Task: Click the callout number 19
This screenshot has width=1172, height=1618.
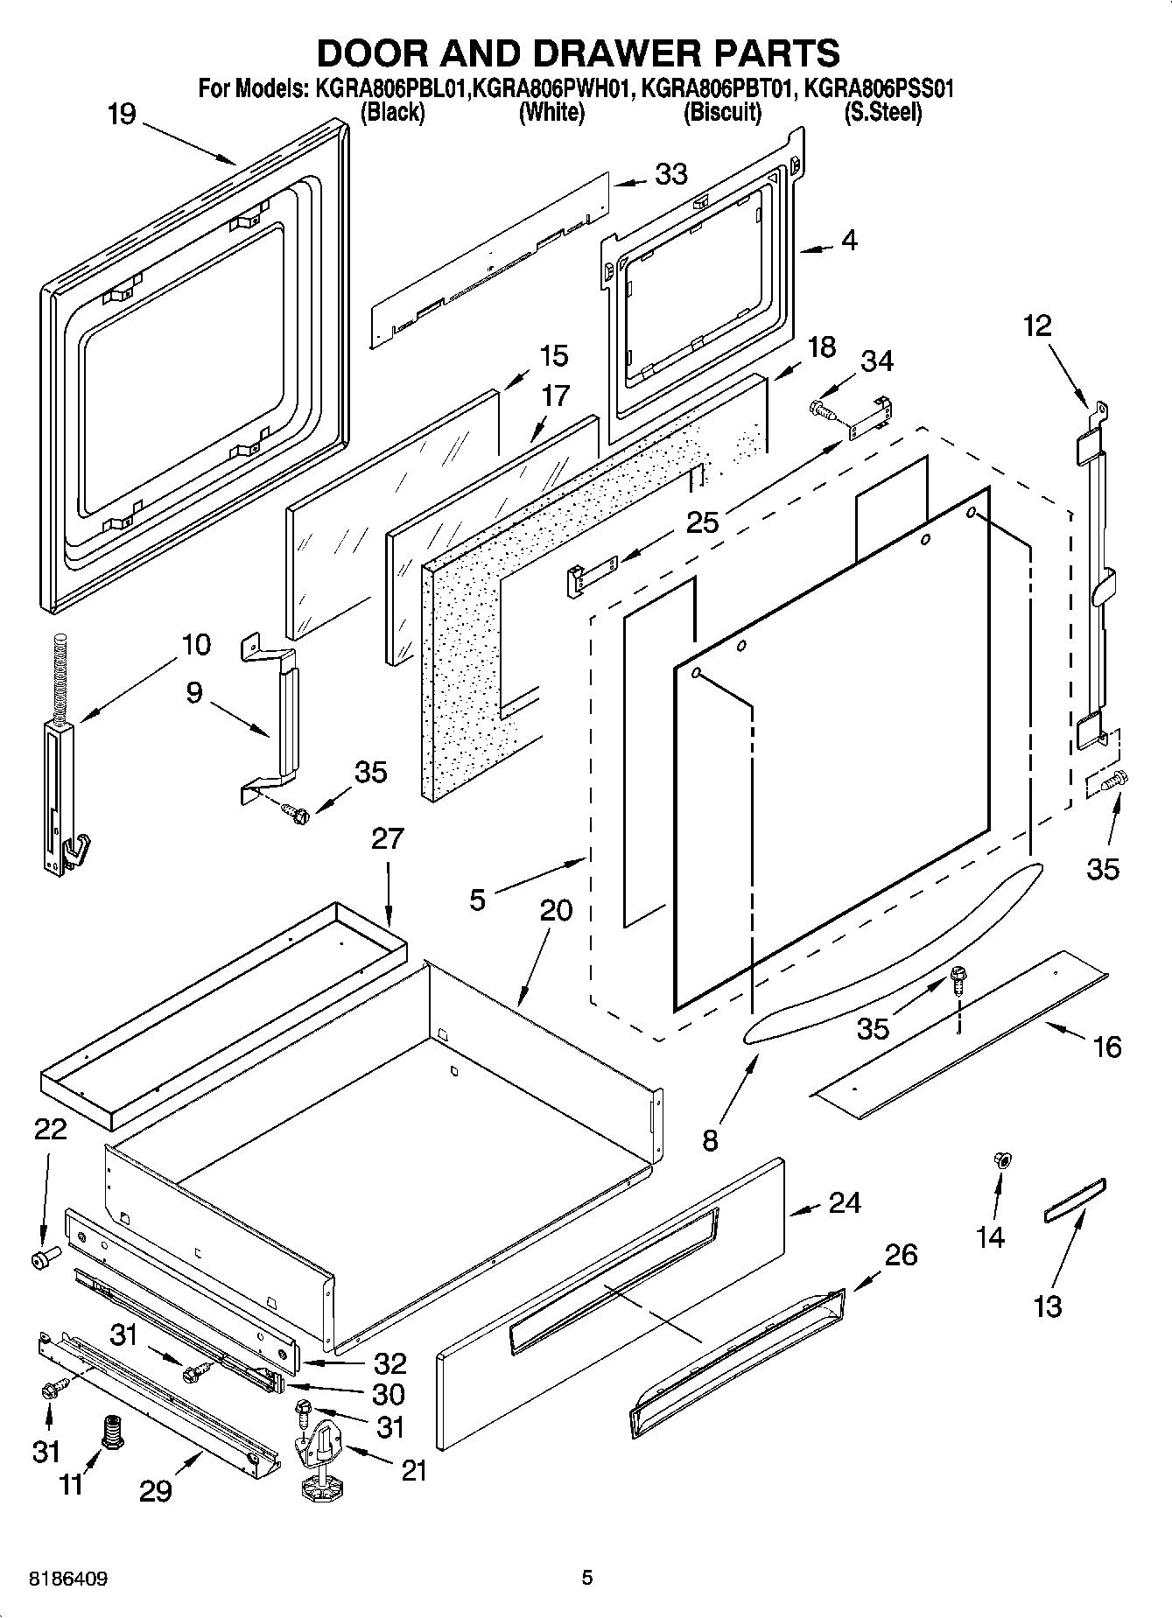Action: click(x=122, y=115)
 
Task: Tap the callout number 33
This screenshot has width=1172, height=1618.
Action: click(x=670, y=175)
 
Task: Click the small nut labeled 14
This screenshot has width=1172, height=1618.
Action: click(x=1003, y=1160)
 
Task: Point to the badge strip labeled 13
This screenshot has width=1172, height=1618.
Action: click(x=1074, y=1200)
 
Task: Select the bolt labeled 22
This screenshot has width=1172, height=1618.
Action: click(x=43, y=1258)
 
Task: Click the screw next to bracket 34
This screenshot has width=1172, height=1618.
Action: click(x=821, y=408)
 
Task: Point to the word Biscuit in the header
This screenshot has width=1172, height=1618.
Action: click(x=722, y=113)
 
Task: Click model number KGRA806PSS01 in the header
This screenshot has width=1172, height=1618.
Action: click(x=878, y=88)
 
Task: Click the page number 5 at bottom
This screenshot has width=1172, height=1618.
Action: click(x=587, y=1579)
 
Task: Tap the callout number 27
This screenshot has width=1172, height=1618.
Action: click(x=387, y=838)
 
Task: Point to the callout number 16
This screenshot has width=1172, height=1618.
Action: click(x=1107, y=1047)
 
